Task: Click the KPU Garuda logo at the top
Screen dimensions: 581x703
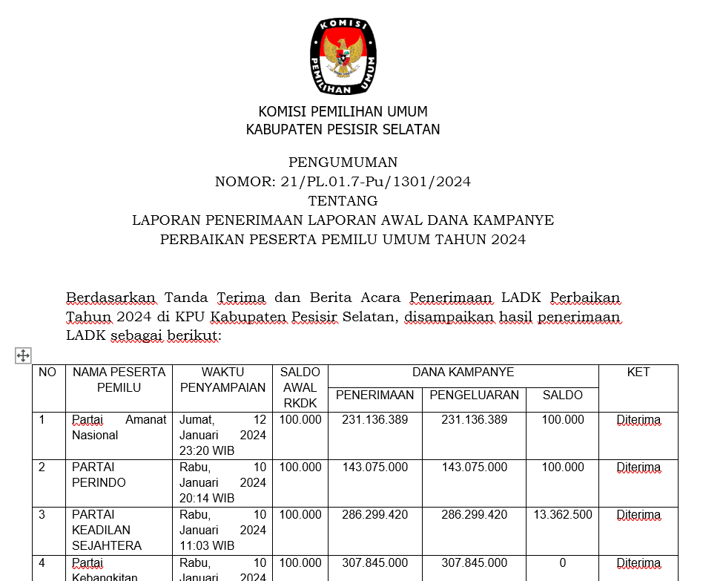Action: [343, 57]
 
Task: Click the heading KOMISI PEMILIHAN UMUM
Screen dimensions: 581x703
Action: [343, 112]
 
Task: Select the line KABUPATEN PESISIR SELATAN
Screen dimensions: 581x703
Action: [343, 130]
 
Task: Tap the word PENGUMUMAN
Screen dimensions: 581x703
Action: [343, 163]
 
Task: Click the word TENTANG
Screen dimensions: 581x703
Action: [343, 201]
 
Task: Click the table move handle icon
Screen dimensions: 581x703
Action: [23, 355]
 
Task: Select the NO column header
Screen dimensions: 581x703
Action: [47, 372]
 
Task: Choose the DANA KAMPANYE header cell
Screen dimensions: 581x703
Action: [463, 372]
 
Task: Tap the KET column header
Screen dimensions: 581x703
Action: [638, 372]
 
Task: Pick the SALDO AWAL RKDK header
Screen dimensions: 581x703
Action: [300, 387]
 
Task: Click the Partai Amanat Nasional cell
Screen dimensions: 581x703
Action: [119, 427]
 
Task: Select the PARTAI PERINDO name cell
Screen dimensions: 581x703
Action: [99, 475]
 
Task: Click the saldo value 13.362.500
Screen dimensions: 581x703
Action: [562, 514]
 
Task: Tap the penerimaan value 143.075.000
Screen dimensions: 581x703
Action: [374, 467]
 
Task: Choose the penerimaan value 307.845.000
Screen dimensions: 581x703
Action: [374, 563]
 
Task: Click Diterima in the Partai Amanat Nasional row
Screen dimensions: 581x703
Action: [638, 421]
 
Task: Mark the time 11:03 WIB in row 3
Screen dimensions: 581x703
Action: [207, 546]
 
